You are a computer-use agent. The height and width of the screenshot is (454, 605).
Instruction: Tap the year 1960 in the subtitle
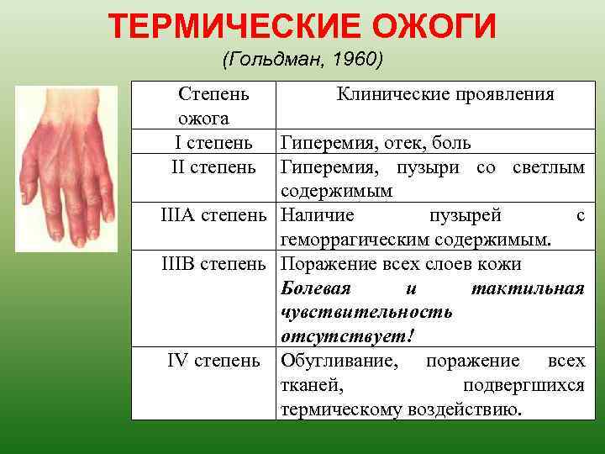pyautogui.click(x=358, y=61)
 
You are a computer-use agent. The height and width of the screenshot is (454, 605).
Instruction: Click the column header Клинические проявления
pyautogui.click(x=445, y=94)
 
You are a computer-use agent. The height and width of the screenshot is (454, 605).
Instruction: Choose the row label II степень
pyautogui.click(x=213, y=167)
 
